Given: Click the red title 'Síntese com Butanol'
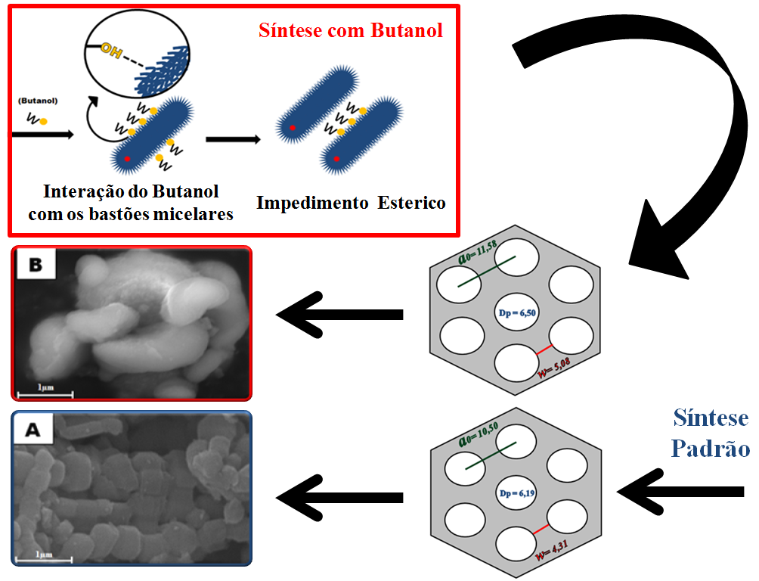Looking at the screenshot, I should [351, 31].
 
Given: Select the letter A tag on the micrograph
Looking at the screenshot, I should [33, 430].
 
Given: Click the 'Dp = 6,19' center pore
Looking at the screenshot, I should [517, 494].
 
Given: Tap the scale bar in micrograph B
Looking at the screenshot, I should [45, 393].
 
